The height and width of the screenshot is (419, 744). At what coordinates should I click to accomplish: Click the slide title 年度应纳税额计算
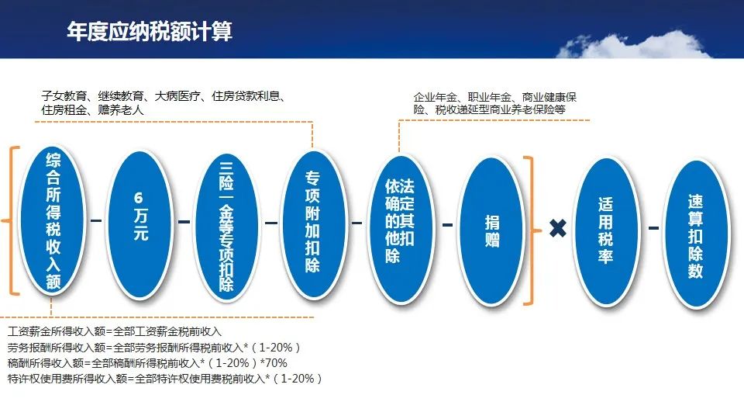pyautogui.click(x=150, y=31)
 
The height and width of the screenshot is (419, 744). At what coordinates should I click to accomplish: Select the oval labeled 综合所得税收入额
pyautogui.click(x=53, y=220)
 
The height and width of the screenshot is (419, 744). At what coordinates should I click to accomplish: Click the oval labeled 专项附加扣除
pyautogui.click(x=312, y=224)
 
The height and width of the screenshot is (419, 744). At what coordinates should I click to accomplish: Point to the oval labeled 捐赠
pyautogui.click(x=491, y=231)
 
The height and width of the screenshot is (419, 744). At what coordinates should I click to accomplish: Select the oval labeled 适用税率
pyautogui.click(x=606, y=231)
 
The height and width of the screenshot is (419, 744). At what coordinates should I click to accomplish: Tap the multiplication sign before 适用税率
pyautogui.click(x=558, y=228)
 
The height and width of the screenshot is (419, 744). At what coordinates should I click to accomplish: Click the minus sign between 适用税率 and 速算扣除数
pyautogui.click(x=653, y=228)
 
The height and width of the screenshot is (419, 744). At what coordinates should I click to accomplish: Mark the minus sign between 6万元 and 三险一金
pyautogui.click(x=184, y=221)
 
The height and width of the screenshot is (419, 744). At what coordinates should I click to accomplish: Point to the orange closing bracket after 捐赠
pyautogui.click(x=532, y=231)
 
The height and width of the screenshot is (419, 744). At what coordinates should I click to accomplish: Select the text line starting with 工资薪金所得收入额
pyautogui.click(x=115, y=331)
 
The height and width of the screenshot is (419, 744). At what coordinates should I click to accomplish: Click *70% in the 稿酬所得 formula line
pyautogui.click(x=274, y=363)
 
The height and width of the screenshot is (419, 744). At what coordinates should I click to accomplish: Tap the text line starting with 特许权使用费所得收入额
pyautogui.click(x=164, y=379)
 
